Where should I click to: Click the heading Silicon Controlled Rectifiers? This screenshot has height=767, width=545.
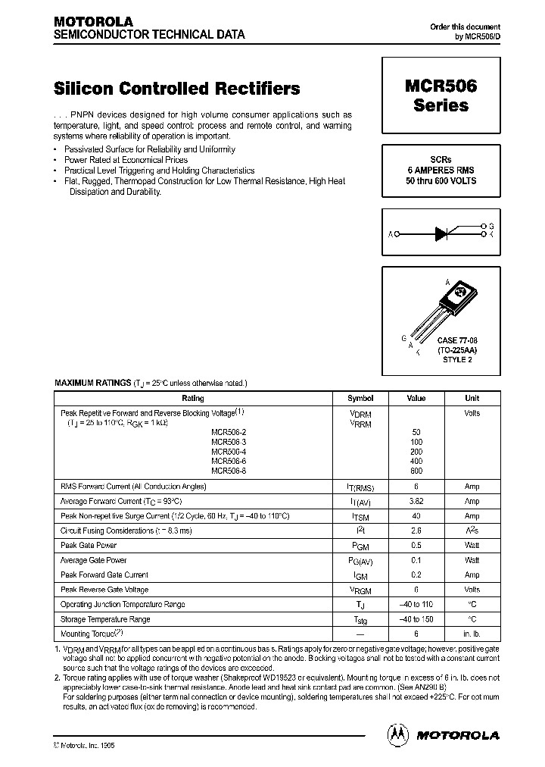click(x=177, y=89)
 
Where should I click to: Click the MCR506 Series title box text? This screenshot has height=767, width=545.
click(x=441, y=96)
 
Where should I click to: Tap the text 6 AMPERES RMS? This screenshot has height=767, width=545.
click(x=441, y=171)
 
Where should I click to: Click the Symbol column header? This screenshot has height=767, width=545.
click(x=360, y=398)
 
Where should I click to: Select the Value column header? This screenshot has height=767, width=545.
click(x=416, y=398)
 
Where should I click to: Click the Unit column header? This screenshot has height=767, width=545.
click(x=472, y=398)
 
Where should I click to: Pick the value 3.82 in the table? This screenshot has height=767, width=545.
click(x=416, y=501)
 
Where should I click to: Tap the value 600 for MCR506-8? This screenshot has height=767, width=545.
click(x=416, y=471)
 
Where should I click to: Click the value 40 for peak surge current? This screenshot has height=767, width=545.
click(x=416, y=515)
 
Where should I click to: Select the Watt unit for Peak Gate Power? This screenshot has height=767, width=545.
click(x=472, y=545)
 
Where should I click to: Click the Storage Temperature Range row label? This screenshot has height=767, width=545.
click(x=105, y=619)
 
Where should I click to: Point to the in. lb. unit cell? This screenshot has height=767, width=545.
click(x=472, y=634)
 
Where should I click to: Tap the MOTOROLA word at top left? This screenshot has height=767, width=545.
click(x=93, y=22)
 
